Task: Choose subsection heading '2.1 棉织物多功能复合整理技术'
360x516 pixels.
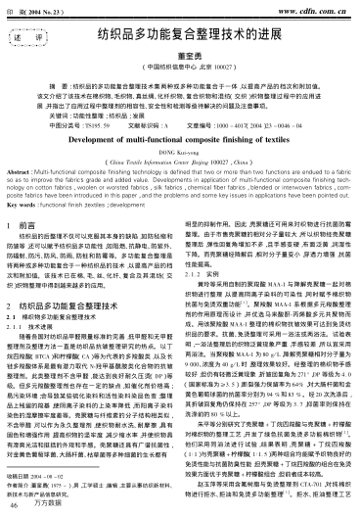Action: click(x=83, y=346)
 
